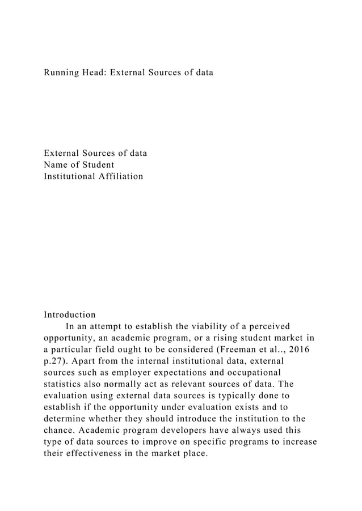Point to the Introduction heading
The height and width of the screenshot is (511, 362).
(x=70, y=314)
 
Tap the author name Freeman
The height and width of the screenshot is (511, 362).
(x=240, y=350)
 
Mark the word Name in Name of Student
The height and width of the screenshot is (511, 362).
(x=57, y=165)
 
